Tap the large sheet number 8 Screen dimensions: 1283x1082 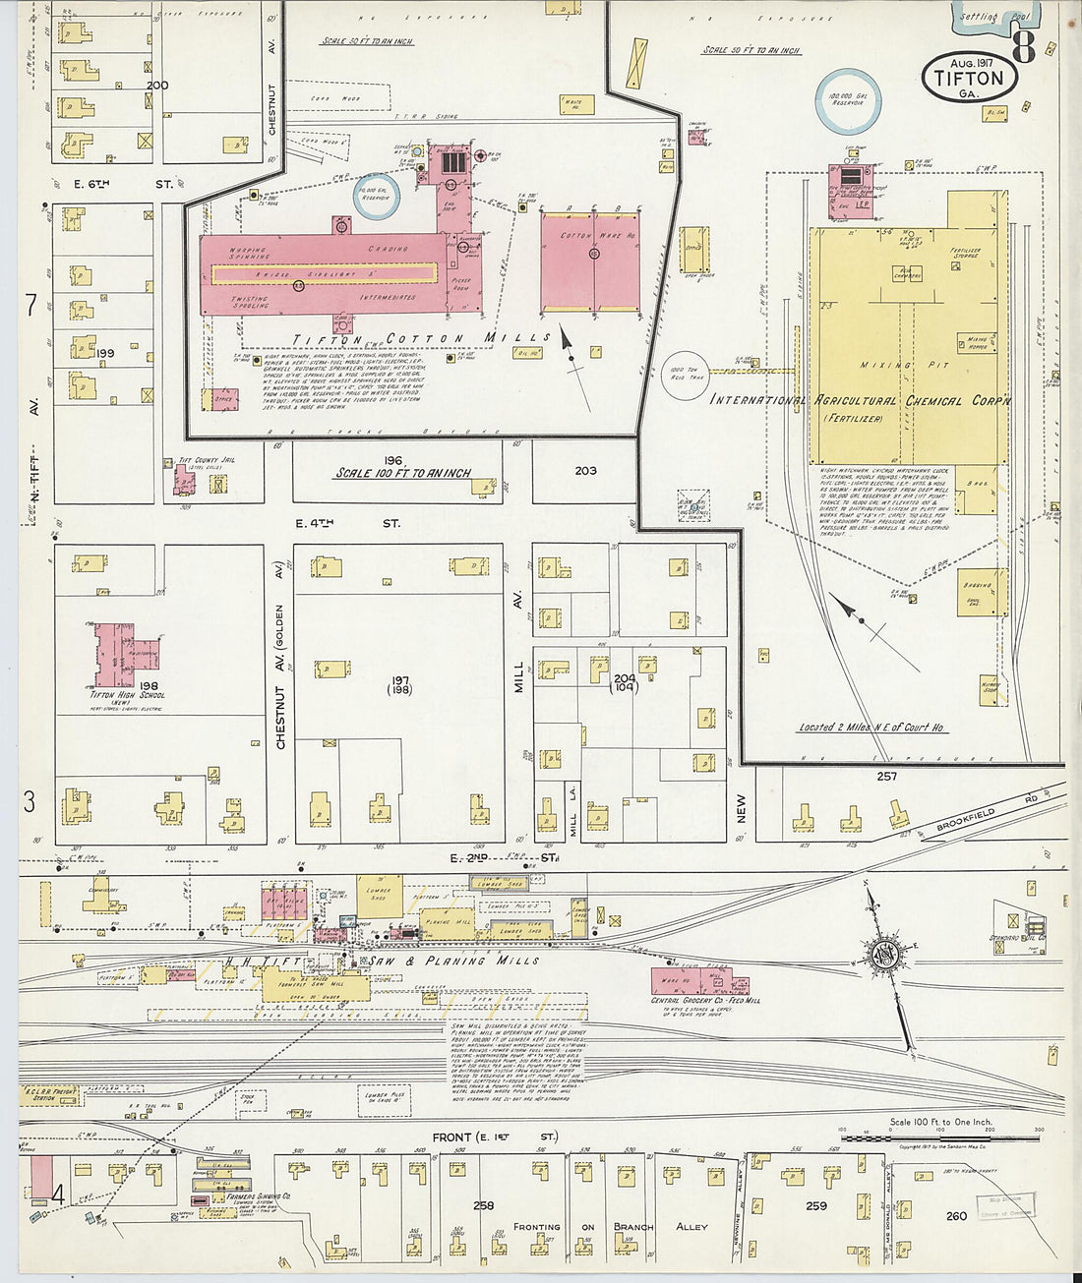(1024, 46)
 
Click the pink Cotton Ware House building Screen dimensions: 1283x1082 (589, 262)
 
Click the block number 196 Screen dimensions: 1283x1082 (394, 459)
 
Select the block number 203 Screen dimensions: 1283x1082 (585, 471)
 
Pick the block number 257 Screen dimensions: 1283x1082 (886, 777)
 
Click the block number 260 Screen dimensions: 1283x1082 (956, 1216)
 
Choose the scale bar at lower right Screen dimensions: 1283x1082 (939, 1138)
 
